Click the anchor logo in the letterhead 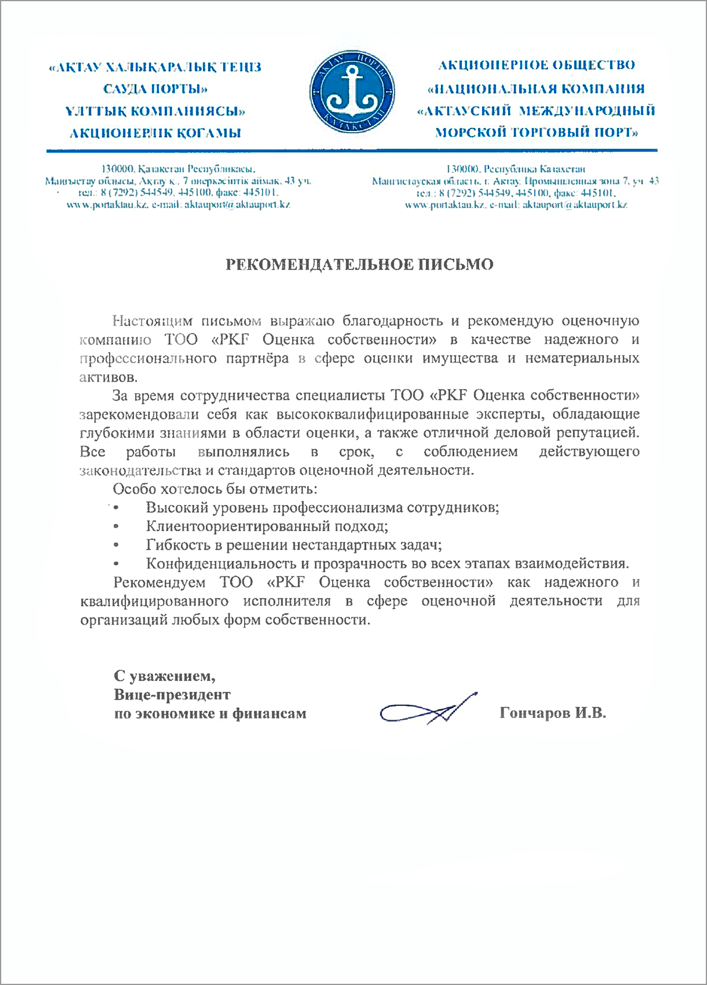[353, 92]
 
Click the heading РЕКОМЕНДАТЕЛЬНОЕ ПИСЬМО [359, 265]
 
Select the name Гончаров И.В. [553, 713]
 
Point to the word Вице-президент [172, 694]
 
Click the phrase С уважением [165, 676]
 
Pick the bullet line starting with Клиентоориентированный [267, 526]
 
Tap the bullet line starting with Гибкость [293, 545]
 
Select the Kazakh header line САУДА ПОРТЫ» [155, 89]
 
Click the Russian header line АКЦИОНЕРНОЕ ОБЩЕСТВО [537, 65]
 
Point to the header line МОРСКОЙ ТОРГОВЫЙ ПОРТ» [537, 132]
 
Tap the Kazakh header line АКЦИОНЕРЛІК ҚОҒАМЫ [155, 133]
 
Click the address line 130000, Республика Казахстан [515, 169]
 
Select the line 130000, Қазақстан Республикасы [179, 169]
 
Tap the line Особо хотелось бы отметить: [215, 489]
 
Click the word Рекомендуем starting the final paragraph [159, 582]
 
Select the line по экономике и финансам [210, 713]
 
